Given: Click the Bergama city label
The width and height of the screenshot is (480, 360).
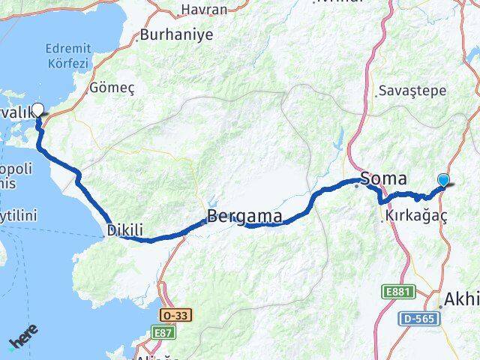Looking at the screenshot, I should point(244,217).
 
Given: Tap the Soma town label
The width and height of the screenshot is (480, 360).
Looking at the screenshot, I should point(384,178).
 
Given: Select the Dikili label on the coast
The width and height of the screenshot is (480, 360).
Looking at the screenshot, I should point(124,229).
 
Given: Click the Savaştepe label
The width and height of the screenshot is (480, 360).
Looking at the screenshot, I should point(412,90).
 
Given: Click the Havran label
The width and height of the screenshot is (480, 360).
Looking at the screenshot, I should point(204,10).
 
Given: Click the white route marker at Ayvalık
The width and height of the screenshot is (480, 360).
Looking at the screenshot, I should point(37,109).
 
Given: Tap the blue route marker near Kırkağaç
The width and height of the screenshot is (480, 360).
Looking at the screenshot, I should point(444,180).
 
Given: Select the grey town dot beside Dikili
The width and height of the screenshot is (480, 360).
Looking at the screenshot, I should point(103,237).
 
